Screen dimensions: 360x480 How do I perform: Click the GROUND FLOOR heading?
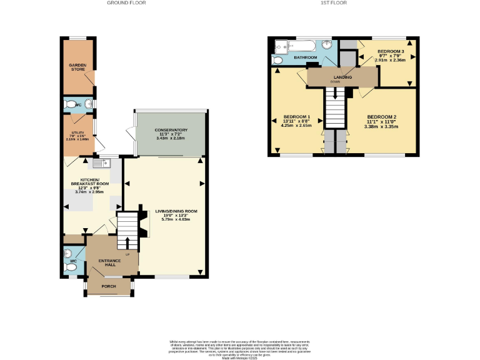127,3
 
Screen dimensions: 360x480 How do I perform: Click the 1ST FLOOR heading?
333,3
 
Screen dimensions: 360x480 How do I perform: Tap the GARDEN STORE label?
77,67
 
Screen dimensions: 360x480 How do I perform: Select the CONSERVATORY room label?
171,130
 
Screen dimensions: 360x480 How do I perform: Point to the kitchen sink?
99,164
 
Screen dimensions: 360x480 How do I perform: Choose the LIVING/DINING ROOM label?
176,211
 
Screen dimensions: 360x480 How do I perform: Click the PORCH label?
109,286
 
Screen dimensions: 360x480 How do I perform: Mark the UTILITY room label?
77,132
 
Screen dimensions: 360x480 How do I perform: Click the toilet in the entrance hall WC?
70,267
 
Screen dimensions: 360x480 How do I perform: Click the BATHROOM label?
306,57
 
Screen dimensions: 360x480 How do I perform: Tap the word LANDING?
342,77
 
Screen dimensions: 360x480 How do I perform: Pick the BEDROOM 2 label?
381,117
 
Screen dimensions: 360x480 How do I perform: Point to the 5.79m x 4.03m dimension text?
176,219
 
